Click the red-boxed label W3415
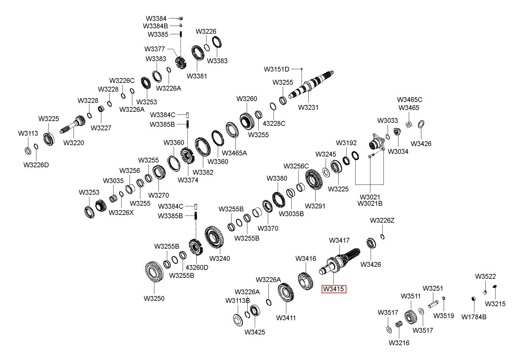(x=334, y=289)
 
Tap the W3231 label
(x=308, y=107)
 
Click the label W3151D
(x=277, y=69)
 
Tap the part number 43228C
(x=274, y=123)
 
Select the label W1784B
(x=474, y=317)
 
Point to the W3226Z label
(x=382, y=221)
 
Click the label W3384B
(x=156, y=26)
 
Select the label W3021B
(x=370, y=204)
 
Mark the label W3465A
(x=235, y=153)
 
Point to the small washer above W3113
(x=27, y=151)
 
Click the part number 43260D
(x=197, y=267)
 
